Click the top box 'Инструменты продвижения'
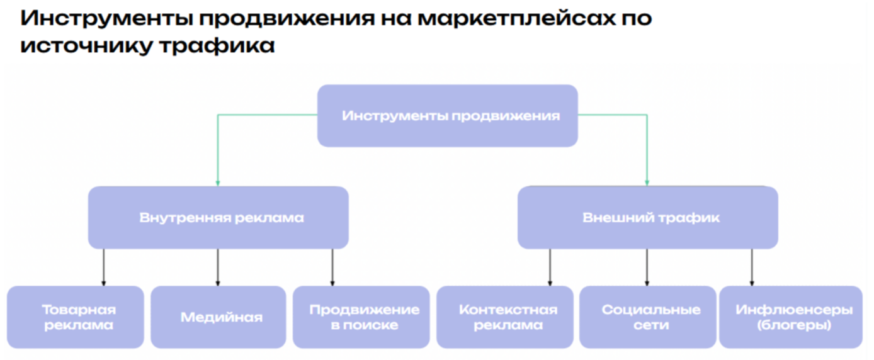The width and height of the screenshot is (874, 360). coord(447,116)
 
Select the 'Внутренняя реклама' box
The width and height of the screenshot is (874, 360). coord(218,218)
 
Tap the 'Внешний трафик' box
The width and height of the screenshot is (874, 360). coord(647,218)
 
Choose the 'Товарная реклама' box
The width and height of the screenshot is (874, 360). coord(76,317)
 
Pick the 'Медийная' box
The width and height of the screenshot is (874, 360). coord(219,317)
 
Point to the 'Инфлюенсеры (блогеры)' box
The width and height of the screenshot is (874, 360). coord(791,317)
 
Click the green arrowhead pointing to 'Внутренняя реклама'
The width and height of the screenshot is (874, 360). coord(218,183)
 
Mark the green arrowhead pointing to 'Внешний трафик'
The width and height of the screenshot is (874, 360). coord(647,183)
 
